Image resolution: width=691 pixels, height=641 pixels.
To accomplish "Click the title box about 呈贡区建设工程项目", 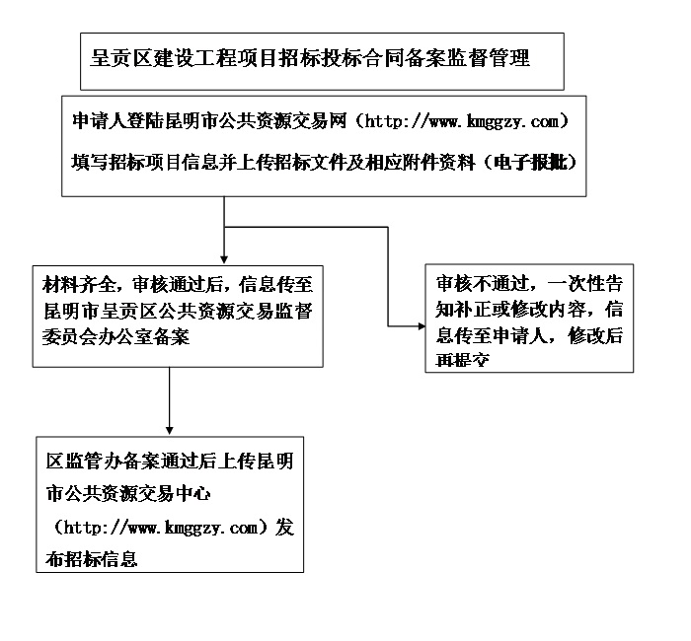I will pos(322,61).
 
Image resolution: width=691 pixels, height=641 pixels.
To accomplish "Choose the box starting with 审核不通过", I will pos(529,318).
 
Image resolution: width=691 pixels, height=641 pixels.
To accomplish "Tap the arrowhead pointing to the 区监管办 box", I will pos(171,429).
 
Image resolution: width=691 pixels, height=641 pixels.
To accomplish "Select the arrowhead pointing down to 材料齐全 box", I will pos(225,256).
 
